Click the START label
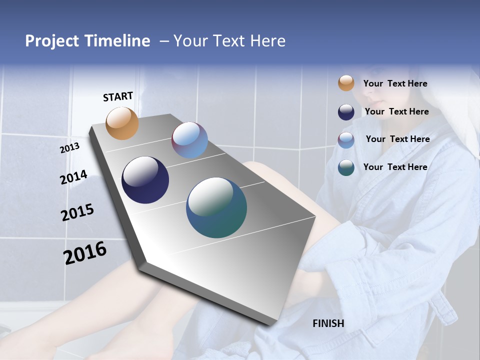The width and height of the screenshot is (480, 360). click(118, 96)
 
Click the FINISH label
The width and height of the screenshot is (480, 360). click(328, 323)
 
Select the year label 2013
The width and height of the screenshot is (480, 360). click(69, 148)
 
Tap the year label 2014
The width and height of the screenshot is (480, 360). click(73, 177)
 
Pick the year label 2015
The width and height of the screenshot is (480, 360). click(77, 212)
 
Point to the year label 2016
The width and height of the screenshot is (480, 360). click(85, 253)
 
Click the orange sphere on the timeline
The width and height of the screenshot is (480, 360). click(122, 123)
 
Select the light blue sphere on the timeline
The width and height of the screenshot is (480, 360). click(189, 140)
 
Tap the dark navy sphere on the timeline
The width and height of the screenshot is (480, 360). click(145, 180)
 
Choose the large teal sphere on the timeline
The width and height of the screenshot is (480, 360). click(216, 207)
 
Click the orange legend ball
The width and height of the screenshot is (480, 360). click(346, 83)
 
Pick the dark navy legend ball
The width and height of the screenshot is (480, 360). click(346, 112)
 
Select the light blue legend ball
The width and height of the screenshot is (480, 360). click(346, 140)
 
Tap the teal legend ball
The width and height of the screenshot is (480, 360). click(346, 167)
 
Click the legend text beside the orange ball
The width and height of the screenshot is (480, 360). click(395, 84)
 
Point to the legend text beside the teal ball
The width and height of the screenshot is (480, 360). click(395, 167)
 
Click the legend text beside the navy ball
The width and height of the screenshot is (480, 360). click(396, 111)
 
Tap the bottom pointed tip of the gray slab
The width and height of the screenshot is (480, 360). click(270, 324)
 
